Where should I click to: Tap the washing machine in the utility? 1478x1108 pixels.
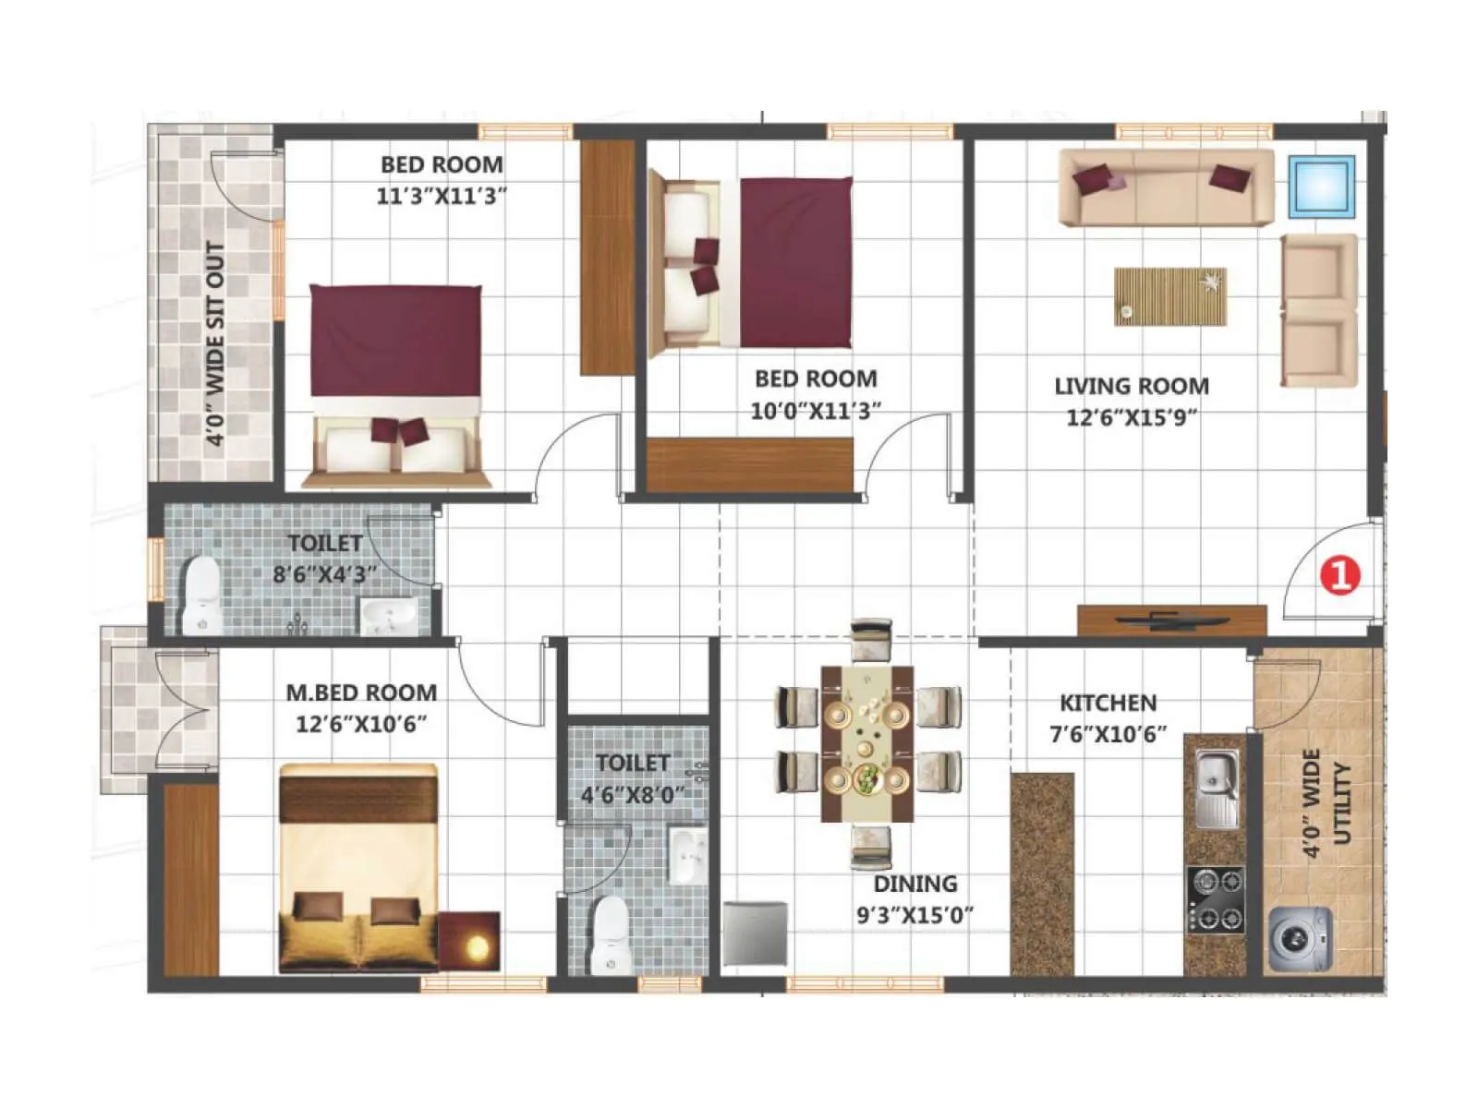tap(1300, 939)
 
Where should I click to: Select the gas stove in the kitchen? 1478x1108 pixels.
tap(1216, 899)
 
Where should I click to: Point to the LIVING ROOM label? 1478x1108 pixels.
tap(1132, 386)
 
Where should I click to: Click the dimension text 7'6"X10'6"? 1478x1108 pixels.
tap(1108, 735)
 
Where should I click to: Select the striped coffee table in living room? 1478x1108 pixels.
tap(1170, 296)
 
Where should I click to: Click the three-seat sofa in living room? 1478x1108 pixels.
tap(1166, 188)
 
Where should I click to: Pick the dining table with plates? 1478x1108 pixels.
tap(867, 742)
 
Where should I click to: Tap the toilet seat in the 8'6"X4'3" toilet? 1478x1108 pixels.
tap(201, 595)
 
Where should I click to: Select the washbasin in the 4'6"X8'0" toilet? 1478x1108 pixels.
tap(686, 856)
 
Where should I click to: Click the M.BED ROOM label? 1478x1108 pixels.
tap(361, 692)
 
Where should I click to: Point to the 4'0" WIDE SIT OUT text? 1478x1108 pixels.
tap(214, 343)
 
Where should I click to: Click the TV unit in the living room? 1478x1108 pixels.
tap(1171, 620)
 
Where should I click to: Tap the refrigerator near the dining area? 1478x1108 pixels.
tap(755, 933)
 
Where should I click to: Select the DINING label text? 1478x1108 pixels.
tap(915, 884)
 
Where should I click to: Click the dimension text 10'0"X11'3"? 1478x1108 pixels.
tap(815, 411)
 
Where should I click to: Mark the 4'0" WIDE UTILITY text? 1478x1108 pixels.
tap(1327, 803)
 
